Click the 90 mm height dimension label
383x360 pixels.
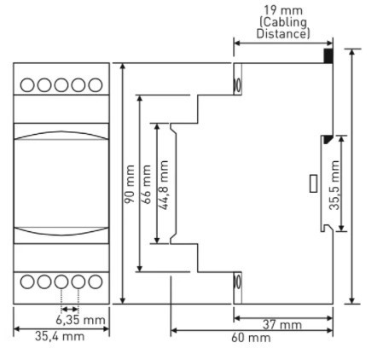tap(130, 183)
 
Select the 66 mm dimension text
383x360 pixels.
tap(147, 184)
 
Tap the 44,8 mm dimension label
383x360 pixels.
tap(163, 185)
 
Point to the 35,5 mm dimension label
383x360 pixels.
tap(334, 185)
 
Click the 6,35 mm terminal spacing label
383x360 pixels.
tap(80, 320)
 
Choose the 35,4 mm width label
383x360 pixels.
tap(60, 336)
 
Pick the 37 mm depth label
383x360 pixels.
tap(282, 324)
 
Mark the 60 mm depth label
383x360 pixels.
tap(251, 338)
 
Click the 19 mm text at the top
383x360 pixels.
tap(283, 10)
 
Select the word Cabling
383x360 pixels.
tap(284, 22)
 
